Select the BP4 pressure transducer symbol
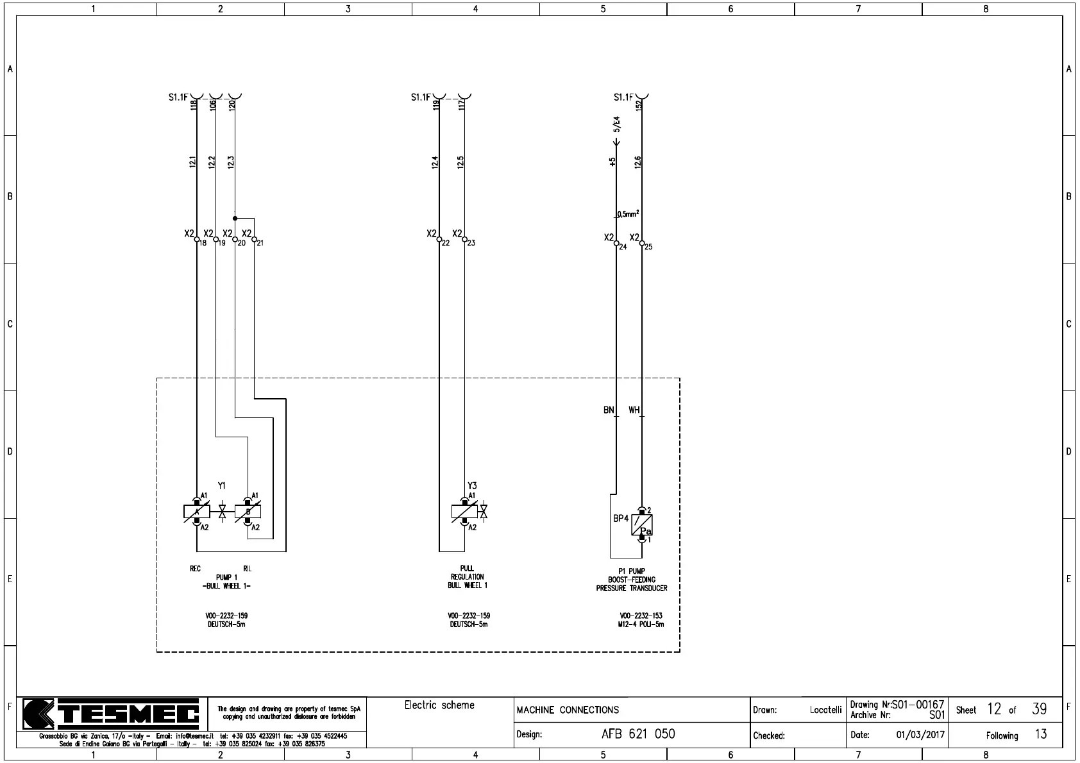pos(641,525)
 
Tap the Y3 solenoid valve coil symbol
pos(464,512)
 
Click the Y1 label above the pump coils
pos(221,486)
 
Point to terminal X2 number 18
pos(197,240)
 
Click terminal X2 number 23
pos(464,240)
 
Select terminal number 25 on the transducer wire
pos(642,244)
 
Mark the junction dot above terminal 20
pos(235,219)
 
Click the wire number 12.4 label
pos(435,162)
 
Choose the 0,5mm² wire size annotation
pos(627,214)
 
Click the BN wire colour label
pos(609,410)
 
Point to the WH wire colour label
pos(634,410)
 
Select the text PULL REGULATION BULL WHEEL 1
pos(468,577)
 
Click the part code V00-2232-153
pos(641,616)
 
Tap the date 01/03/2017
pos(920,735)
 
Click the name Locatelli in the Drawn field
pos(825,710)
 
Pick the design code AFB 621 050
pos(638,734)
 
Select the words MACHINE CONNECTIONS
pos(568,710)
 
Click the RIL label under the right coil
pos(248,569)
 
